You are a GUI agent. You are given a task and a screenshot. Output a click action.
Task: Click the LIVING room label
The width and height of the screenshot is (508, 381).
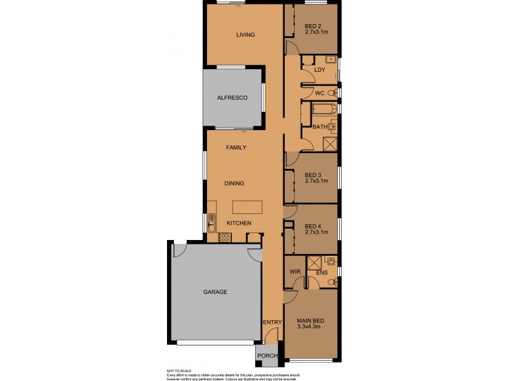pos(245,35)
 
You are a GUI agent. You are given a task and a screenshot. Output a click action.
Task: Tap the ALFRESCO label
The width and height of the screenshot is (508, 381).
pos(231,98)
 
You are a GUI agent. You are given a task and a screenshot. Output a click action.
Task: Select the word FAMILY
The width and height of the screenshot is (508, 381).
pos(236,147)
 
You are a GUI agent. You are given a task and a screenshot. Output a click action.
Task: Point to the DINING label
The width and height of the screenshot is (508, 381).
pos(234,184)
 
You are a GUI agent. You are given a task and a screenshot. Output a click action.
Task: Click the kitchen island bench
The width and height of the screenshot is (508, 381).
pos(247,207)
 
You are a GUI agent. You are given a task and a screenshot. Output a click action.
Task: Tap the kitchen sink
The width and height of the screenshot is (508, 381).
pos(211,222)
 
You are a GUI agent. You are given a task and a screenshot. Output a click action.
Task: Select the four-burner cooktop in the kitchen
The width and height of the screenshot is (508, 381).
pos(224,237)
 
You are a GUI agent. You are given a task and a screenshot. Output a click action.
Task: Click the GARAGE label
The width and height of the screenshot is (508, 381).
pos(215,292)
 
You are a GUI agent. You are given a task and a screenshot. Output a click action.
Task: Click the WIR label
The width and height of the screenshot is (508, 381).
pos(295,271)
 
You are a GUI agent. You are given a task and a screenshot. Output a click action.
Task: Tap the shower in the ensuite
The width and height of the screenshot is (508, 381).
pos(314,262)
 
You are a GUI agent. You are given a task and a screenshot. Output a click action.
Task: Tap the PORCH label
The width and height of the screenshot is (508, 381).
pos(267,356)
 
